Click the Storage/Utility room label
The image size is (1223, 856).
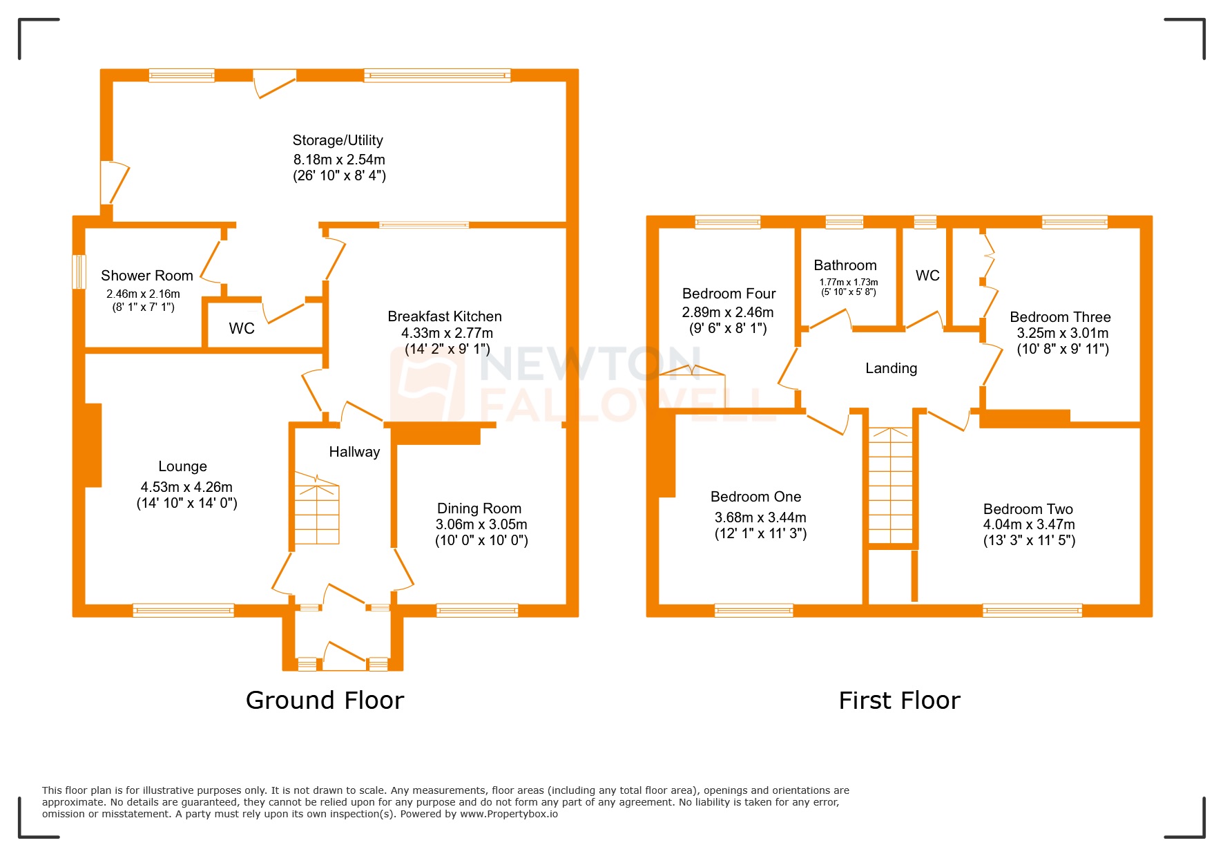[338, 140]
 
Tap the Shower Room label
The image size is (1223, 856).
[146, 276]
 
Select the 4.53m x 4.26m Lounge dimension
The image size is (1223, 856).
[186, 487]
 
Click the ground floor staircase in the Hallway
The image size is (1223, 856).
[317, 511]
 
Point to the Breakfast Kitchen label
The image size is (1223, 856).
[444, 316]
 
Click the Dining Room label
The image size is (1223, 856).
[479, 508]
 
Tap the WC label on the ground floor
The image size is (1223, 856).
[242, 328]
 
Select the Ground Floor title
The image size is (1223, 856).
[325, 701]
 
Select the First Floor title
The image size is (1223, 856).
[899, 701]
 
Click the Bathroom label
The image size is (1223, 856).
[845, 265]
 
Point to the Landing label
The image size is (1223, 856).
[891, 368]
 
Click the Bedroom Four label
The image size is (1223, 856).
[729, 294]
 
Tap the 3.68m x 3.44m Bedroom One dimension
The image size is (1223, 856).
[760, 517]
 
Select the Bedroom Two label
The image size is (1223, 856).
[1028, 509]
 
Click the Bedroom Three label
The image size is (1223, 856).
[1060, 317]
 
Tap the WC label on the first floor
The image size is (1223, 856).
[927, 276]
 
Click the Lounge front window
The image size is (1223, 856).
[183, 610]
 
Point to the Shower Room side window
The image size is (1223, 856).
[79, 272]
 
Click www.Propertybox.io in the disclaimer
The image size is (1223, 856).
[509, 814]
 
